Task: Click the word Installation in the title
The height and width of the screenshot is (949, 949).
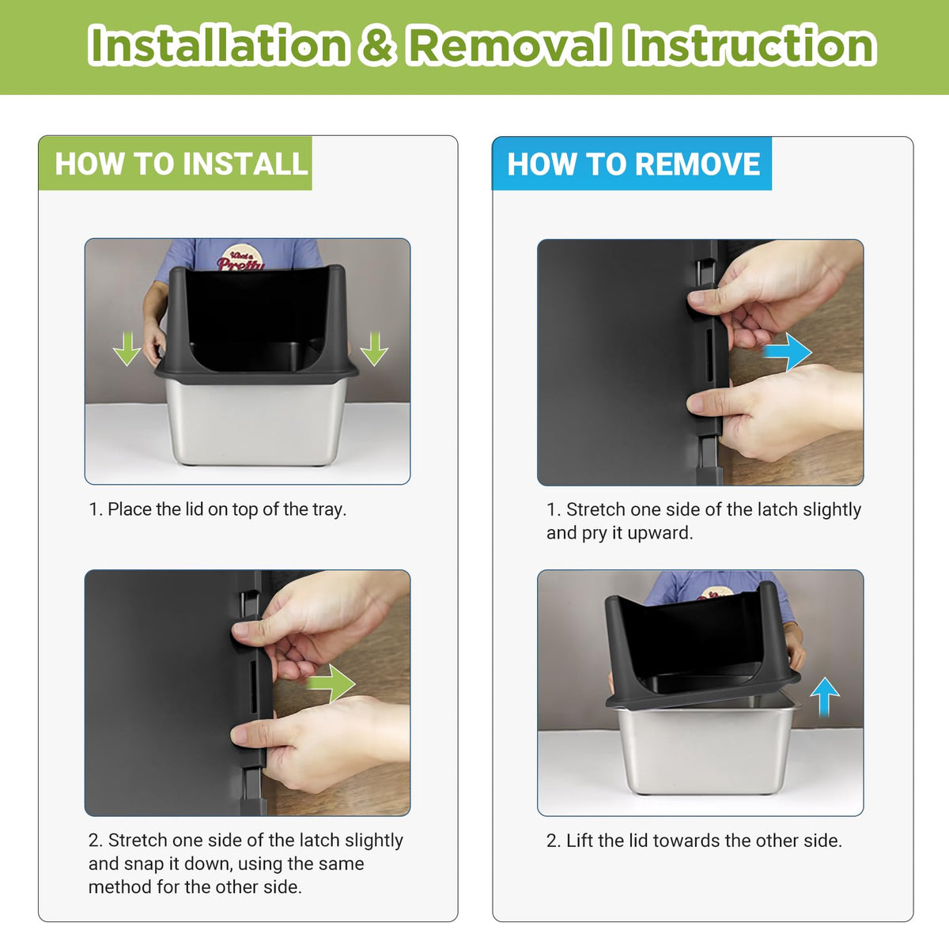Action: click(218, 45)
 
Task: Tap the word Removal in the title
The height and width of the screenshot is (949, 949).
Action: click(509, 45)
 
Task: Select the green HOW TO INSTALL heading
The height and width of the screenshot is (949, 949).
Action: click(181, 164)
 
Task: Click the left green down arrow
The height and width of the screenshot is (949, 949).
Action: click(127, 349)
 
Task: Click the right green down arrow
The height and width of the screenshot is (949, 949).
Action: click(374, 349)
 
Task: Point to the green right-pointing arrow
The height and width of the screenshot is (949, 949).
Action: click(331, 683)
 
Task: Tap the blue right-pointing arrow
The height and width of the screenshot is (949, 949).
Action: click(787, 352)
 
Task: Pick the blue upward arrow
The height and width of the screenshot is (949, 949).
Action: click(826, 697)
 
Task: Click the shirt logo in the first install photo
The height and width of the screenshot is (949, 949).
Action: click(240, 259)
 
